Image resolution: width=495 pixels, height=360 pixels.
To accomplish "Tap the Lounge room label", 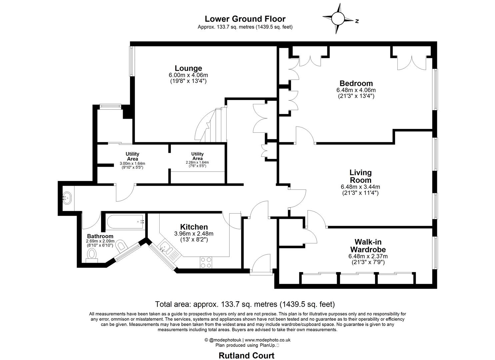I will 188,69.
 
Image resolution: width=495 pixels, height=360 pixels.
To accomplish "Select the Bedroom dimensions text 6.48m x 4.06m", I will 356,90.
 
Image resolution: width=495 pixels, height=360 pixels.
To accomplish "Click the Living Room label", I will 360,176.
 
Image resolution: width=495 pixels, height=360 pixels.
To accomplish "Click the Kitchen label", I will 194,227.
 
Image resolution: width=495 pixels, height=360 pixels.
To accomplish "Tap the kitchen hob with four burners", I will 206,262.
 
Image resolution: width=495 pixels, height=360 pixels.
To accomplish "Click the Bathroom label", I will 100,236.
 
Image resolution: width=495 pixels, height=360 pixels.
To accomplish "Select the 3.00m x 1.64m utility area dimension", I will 132,164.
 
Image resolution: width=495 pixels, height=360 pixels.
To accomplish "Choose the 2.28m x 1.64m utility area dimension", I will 197,162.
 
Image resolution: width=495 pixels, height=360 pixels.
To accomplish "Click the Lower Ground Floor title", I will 245,19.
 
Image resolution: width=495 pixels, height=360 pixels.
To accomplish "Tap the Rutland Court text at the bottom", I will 246,355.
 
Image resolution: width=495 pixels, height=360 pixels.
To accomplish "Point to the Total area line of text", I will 245,304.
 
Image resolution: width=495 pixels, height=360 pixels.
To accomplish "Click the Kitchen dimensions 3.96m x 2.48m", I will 194,234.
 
